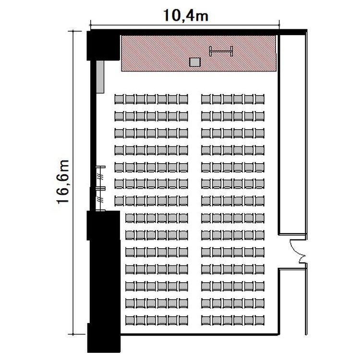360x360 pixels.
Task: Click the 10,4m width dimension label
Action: (186, 16)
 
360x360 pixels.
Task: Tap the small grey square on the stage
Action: (195, 62)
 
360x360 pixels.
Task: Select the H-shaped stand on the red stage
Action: (221, 51)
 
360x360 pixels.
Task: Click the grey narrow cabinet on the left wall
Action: (100, 77)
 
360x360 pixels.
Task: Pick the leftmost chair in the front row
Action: (120, 99)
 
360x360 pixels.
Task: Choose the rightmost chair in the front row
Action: (260, 99)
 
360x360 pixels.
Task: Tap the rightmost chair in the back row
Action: (260, 320)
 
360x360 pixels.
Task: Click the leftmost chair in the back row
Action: (130, 320)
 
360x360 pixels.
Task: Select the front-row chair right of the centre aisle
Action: (206, 99)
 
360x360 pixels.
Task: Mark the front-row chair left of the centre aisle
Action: (183, 99)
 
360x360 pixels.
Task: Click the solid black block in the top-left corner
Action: (103, 46)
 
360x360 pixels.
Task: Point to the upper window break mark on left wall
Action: (101, 177)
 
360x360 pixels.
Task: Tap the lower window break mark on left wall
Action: (101, 199)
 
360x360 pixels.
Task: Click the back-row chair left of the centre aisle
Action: (183, 320)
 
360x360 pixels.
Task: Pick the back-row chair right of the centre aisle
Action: (206, 320)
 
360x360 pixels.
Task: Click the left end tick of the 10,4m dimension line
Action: (91, 24)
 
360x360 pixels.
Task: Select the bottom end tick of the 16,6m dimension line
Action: (73, 334)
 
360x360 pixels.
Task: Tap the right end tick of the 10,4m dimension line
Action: (279, 24)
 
